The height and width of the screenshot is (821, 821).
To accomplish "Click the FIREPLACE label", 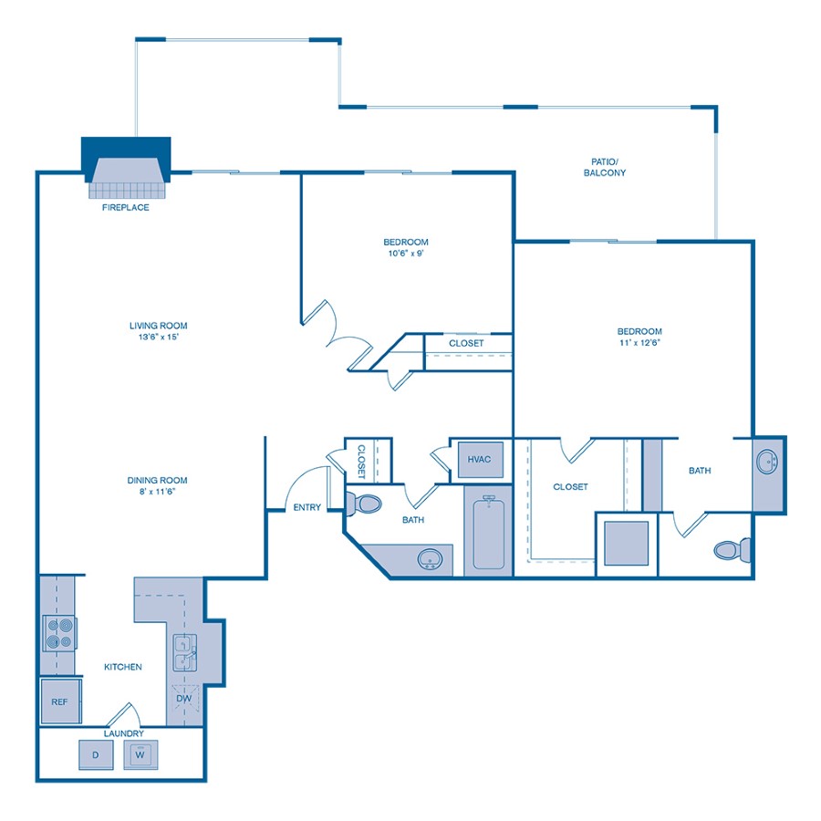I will pos(126,207).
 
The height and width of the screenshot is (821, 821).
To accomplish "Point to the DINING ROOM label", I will pos(158,481).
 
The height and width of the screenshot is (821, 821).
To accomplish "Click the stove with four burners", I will pos(59,632).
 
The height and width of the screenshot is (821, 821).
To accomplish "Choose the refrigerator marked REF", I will pos(60,702).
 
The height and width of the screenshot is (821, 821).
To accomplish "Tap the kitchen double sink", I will pos(185,653).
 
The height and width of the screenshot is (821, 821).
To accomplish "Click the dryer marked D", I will pos(95,754).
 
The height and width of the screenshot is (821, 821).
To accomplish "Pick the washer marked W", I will pos(140,754).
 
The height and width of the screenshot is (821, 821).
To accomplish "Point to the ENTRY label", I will pos(307,507).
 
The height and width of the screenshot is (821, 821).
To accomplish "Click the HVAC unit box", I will pos(479,459).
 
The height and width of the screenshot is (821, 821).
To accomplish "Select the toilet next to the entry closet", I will pos(367,502).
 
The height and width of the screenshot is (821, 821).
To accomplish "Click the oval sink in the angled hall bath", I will pos(430,558).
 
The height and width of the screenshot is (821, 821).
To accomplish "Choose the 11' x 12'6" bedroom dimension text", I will pos(639,344).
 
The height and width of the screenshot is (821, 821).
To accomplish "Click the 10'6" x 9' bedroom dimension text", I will pos(406,255).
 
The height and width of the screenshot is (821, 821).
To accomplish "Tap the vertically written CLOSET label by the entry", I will pos(361,462).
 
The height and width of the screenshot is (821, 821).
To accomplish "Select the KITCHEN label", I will pos(122,667).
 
